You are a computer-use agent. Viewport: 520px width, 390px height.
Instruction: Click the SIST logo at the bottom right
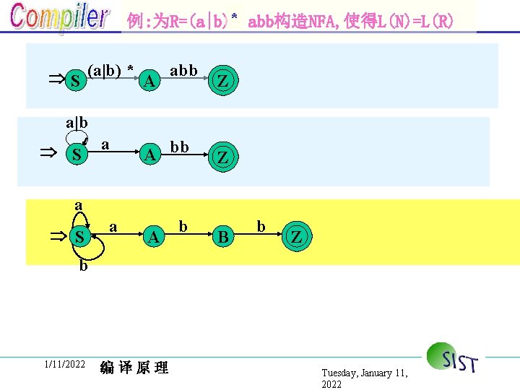point(453,357)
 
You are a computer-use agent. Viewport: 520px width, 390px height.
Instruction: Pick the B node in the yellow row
point(224,237)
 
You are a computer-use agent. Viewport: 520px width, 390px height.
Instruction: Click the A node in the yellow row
point(152,237)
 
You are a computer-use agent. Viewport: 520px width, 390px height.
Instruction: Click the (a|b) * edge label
point(111,71)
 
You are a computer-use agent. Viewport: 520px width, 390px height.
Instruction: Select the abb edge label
point(183,71)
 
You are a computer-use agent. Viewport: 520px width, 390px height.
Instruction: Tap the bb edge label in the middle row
point(180,147)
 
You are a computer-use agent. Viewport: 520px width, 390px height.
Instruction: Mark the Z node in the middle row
point(223,156)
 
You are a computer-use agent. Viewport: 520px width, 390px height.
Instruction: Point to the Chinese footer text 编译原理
point(134,368)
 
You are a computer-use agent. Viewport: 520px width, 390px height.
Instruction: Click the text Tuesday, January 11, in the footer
point(365,373)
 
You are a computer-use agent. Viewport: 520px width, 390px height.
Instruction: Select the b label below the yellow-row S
point(84,266)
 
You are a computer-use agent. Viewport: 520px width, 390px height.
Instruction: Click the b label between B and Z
point(261,227)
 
